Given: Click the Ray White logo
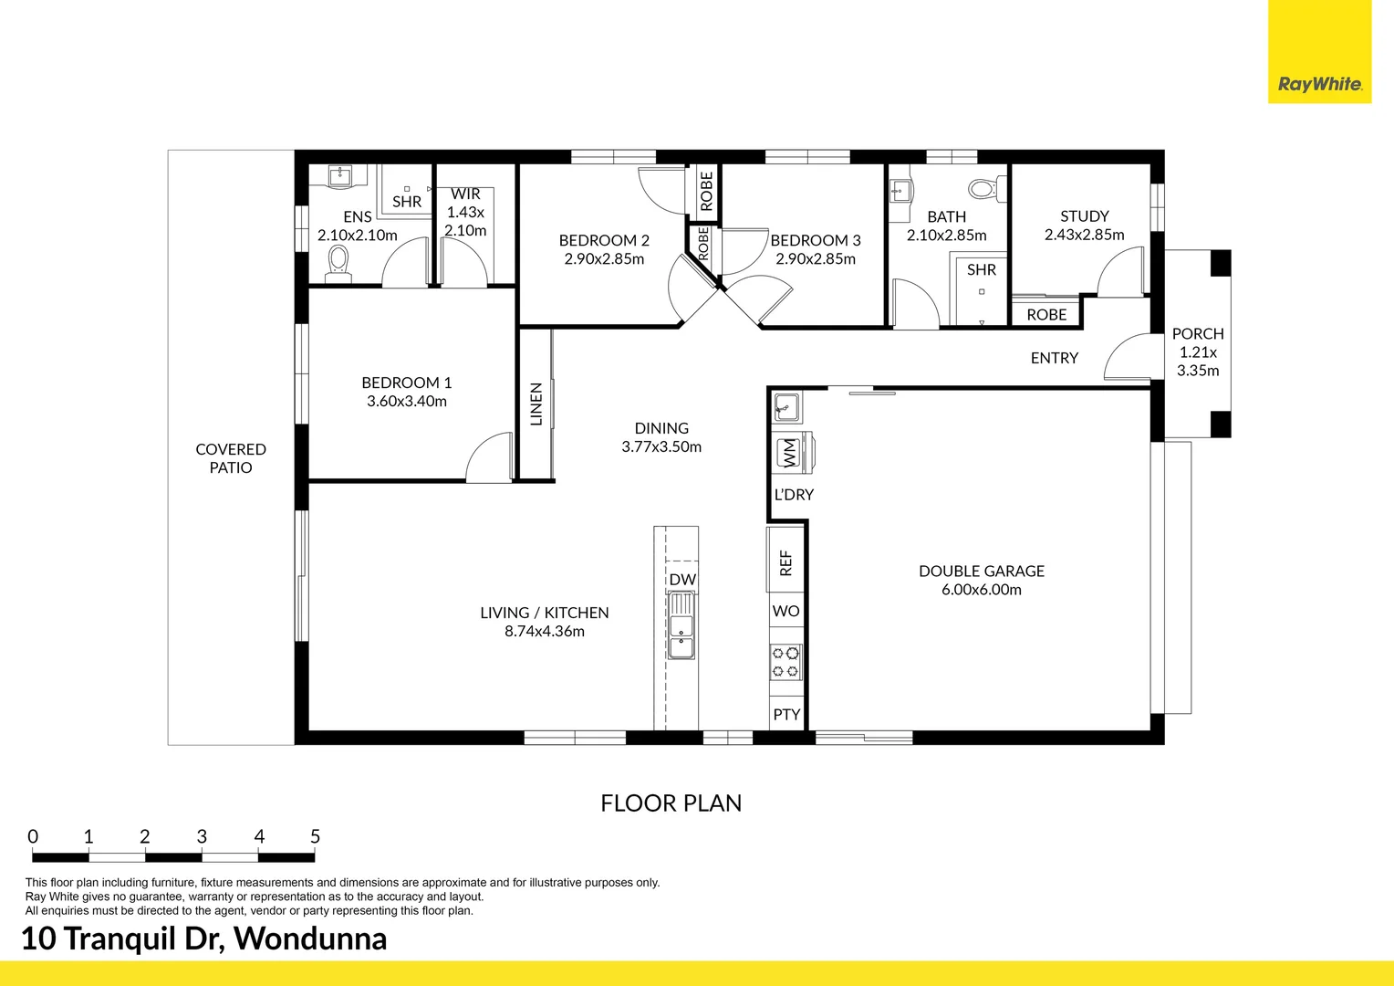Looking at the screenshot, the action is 1320,52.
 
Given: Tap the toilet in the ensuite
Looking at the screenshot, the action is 338,264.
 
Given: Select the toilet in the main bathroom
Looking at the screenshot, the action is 987,189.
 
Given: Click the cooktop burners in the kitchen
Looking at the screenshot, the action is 785,662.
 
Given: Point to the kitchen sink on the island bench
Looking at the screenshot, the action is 681,624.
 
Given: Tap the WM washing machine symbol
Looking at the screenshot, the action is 790,452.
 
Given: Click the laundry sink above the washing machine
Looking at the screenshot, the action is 786,407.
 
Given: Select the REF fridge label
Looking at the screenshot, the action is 785,562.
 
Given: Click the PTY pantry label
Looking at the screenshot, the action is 786,715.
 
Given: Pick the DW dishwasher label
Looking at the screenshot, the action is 682,579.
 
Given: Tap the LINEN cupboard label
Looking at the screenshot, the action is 536,404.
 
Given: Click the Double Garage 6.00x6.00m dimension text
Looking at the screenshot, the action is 982,589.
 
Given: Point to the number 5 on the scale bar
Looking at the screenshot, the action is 315,836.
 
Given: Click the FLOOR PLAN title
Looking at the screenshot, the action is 671,803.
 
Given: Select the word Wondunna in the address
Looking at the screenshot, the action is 310,939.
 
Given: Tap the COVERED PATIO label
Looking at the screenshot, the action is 231,458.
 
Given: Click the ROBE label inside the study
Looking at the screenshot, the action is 1046,315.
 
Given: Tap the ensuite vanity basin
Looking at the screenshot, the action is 339,174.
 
